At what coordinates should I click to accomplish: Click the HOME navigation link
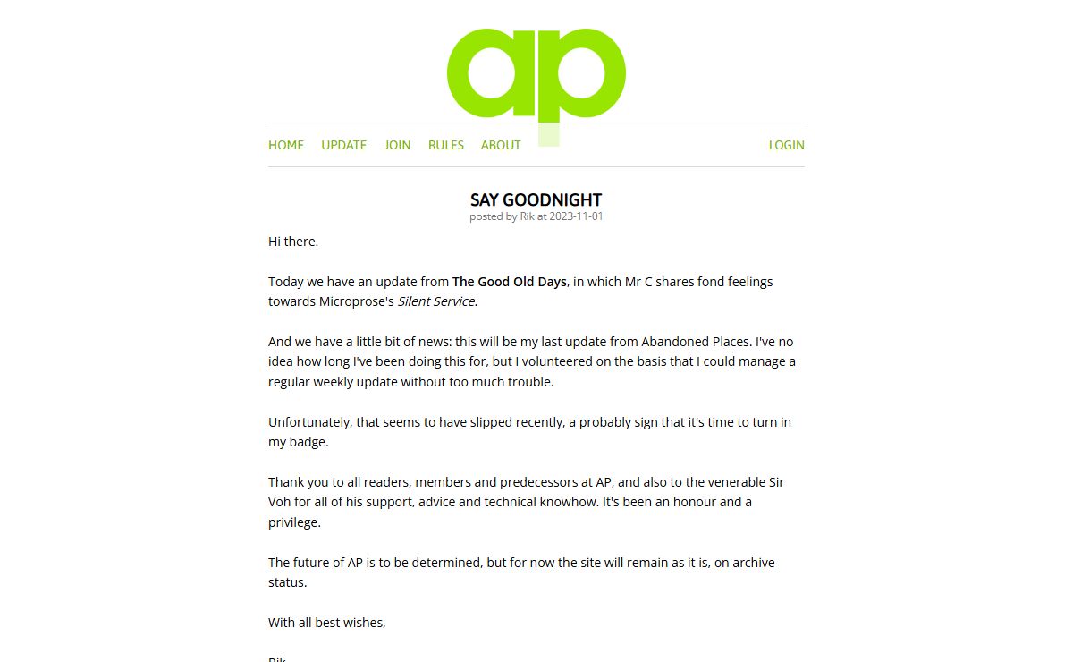click(286, 145)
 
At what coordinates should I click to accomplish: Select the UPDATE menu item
click(344, 145)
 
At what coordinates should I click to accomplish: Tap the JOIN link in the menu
click(397, 145)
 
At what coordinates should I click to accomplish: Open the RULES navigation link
click(446, 145)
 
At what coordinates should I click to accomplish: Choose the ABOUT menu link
click(501, 145)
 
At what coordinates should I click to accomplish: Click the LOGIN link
click(787, 145)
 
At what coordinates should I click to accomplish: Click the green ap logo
click(536, 75)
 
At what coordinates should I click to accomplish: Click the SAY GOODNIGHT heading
click(536, 199)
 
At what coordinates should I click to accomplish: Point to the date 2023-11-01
click(577, 216)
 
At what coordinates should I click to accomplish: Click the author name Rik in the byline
click(527, 216)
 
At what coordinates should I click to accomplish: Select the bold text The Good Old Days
click(510, 282)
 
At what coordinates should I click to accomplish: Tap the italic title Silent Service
click(436, 301)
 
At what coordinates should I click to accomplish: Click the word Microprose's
click(357, 301)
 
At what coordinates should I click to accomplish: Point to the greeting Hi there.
click(293, 242)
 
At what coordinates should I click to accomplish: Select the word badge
click(308, 442)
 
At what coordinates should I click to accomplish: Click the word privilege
click(294, 522)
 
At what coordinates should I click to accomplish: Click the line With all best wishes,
click(327, 623)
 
